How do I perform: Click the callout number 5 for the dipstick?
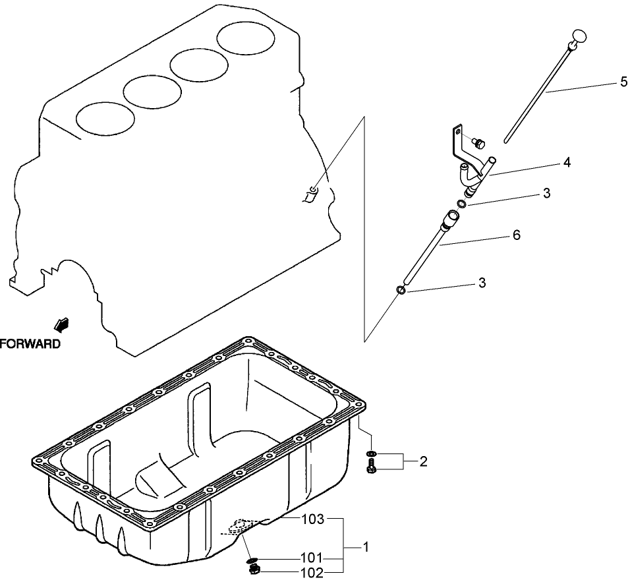pos(623,82)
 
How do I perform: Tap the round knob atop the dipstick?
pos(579,36)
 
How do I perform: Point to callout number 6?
pos(516,235)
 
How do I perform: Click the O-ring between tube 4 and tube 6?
pos(463,204)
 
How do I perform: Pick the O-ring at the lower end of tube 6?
pos(401,290)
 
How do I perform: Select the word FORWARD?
pos(30,343)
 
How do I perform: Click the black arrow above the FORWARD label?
pos(63,324)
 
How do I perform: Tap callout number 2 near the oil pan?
pos(423,461)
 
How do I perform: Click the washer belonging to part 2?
pos(372,454)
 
